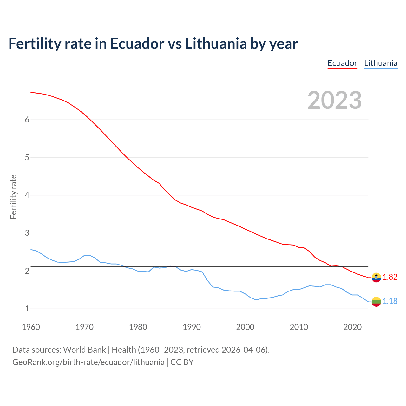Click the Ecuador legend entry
click(x=342, y=63)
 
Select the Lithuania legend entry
click(x=381, y=63)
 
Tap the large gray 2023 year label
click(x=335, y=100)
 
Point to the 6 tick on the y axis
click(x=27, y=120)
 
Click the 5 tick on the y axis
click(x=27, y=157)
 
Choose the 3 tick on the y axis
click(x=27, y=233)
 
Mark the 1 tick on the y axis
click(x=27, y=309)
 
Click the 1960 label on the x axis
click(x=31, y=327)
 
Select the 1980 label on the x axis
click(x=138, y=327)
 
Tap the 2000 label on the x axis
click(x=245, y=327)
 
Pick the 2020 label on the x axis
click(x=352, y=327)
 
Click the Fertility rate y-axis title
click(x=13, y=197)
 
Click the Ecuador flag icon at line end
click(x=376, y=277)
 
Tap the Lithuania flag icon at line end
click(x=376, y=301)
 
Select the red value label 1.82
click(x=390, y=277)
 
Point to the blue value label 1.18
click(x=390, y=301)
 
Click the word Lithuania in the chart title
click(x=216, y=43)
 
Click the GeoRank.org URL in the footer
click(x=88, y=362)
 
